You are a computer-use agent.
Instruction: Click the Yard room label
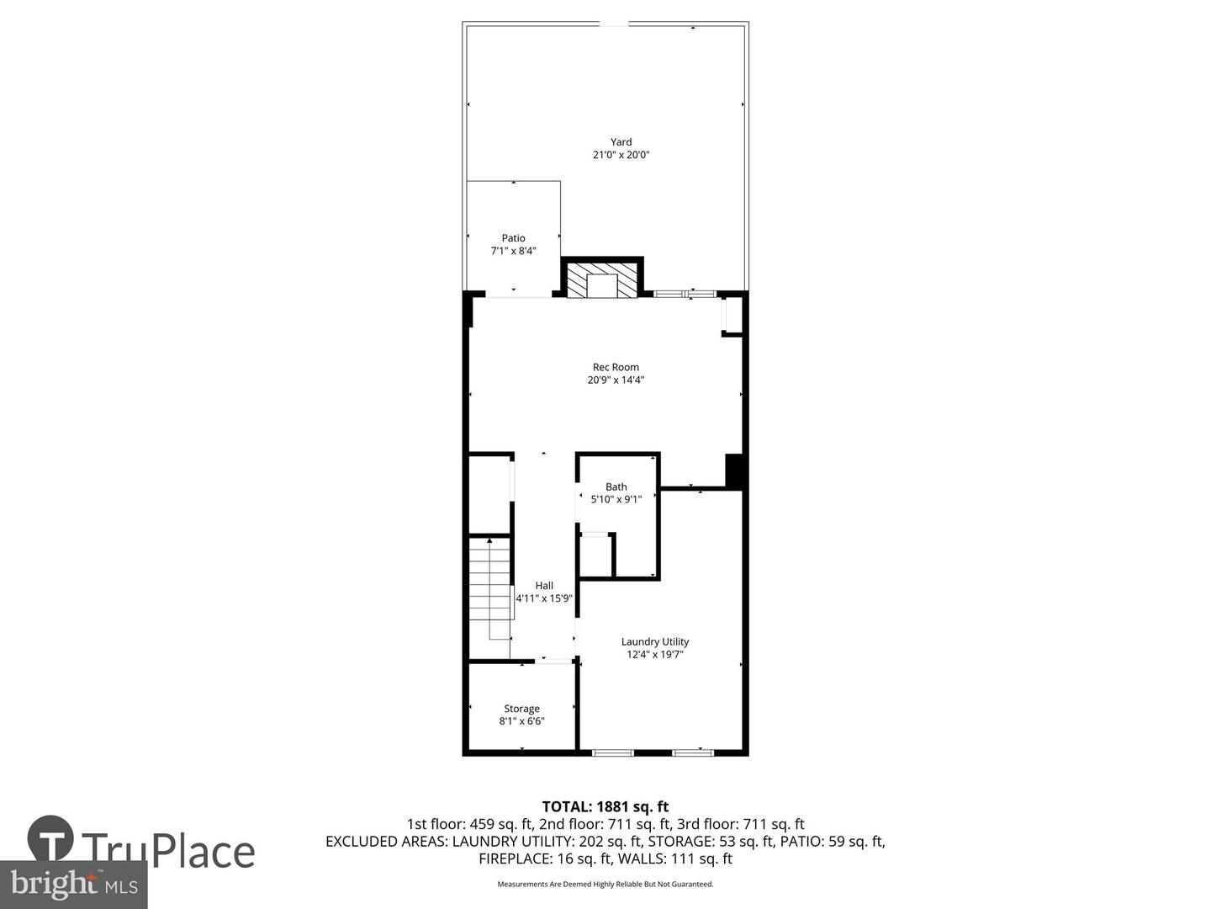pos(621,142)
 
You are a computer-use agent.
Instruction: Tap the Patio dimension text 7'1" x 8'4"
pos(513,251)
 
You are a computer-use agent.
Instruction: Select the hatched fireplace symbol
pos(601,283)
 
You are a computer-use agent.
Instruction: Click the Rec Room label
pos(616,367)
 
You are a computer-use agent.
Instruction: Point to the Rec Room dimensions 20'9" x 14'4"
pos(616,380)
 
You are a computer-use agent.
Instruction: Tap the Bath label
pos(616,486)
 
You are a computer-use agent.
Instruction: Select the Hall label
pos(544,586)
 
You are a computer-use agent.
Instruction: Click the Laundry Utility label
pos(654,641)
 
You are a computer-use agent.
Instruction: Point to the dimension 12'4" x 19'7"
pos(654,655)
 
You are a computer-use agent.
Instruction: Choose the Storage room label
pos(521,709)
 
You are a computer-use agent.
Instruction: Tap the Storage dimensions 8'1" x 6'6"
pos(521,721)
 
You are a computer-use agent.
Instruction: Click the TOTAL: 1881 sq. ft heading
pos(605,807)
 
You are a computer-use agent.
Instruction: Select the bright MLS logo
pos(73,884)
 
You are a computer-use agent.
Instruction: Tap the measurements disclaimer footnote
pos(605,884)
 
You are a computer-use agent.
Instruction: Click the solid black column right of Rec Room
pos(734,470)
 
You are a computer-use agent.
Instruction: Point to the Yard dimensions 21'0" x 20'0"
pos(621,155)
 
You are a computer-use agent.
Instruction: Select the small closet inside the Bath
pos(596,555)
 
